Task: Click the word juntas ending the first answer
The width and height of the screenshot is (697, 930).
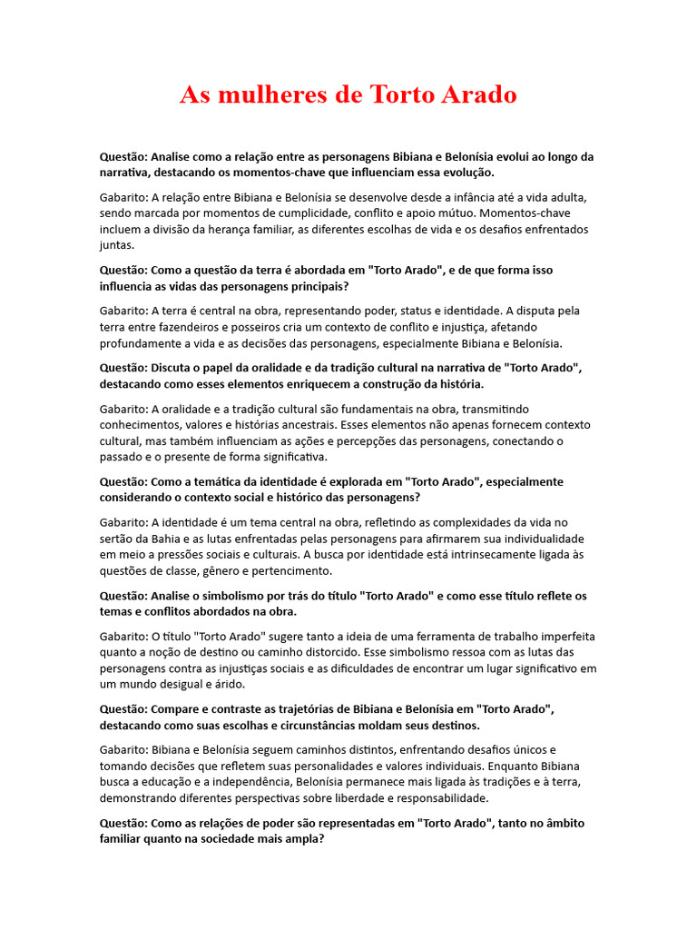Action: (117, 245)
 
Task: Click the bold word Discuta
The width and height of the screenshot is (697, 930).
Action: (177, 368)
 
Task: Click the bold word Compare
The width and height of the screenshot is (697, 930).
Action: (180, 708)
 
